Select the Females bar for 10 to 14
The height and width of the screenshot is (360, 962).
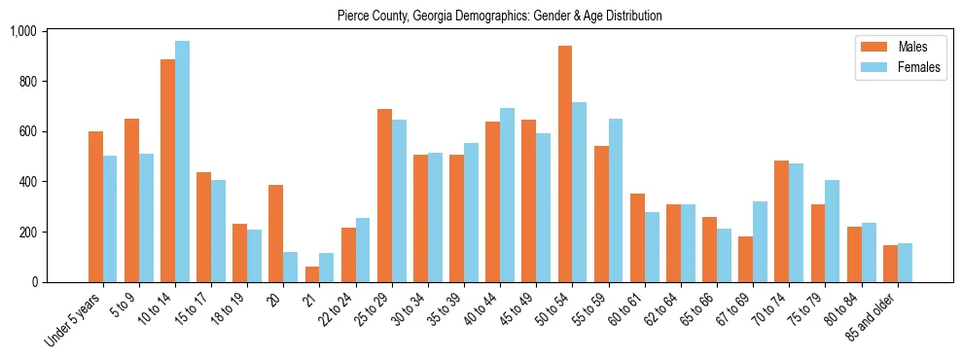click(182, 162)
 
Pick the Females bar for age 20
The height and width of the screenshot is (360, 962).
click(290, 268)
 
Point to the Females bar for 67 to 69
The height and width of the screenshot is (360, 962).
click(760, 241)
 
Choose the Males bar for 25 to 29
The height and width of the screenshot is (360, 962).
click(384, 196)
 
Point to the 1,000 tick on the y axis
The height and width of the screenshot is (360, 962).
click(36, 31)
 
